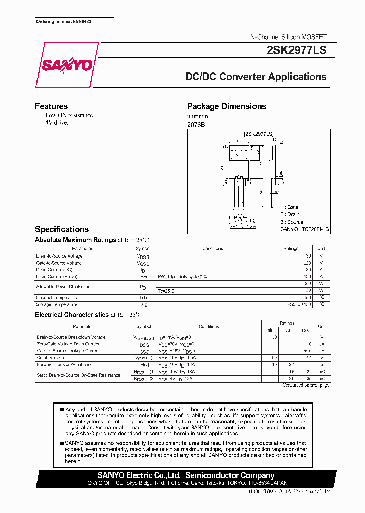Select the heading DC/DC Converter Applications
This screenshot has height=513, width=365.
256,77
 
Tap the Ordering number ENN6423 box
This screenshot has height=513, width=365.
64,22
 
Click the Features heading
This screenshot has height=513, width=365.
51,106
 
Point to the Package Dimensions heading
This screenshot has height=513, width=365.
226,106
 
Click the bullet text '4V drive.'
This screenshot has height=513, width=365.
56,123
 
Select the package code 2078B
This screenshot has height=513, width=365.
196,124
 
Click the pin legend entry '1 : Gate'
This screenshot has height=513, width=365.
289,207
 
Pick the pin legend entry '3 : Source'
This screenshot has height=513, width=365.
291,222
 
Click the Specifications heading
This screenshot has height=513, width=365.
62,229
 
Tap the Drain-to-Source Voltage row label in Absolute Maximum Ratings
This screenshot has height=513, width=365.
59,256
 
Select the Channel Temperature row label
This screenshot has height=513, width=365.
57,298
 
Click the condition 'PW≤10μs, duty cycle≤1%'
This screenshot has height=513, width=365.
182,277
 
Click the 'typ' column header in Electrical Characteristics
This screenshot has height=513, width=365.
287,329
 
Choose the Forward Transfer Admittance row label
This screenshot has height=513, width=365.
64,364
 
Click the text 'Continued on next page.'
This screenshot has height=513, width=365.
306,385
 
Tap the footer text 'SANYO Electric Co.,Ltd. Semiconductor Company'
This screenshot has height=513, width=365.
186,475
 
